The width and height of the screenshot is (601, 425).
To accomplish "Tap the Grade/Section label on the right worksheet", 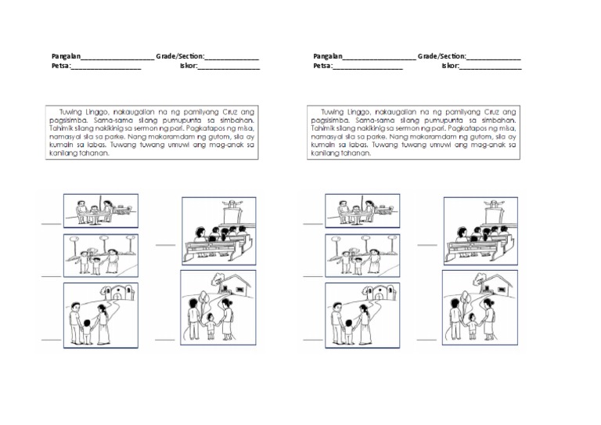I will click(442, 57).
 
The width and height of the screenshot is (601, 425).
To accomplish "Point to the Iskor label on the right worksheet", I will click(449, 67).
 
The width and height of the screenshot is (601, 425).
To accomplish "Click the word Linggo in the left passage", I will click(100, 113).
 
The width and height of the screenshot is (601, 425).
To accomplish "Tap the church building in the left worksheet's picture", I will click(116, 297).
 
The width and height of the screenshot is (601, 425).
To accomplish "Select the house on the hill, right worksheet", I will click(494, 286).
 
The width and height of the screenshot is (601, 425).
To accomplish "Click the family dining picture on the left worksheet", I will click(101, 211).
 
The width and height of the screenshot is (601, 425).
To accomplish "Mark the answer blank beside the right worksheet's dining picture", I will click(312, 223).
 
